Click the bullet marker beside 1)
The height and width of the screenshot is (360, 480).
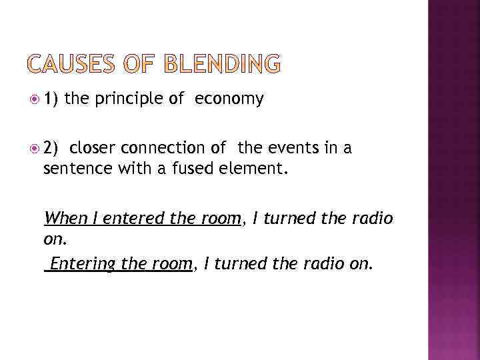click(x=35, y=100)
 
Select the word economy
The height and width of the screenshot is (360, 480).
click(x=229, y=99)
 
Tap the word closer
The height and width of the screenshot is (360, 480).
click(x=92, y=147)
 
